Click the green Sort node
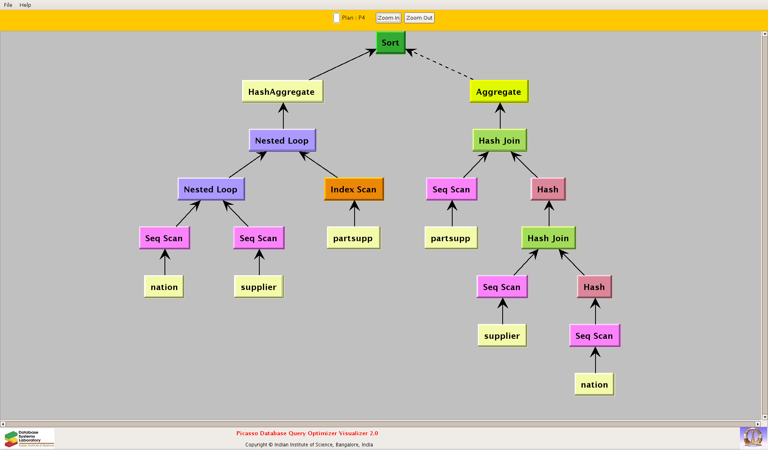pos(390,42)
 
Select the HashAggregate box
pos(282,92)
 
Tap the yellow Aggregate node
pos(499,92)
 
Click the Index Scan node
pos(353,189)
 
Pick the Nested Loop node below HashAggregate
pos(282,140)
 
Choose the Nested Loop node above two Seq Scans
pos(211,189)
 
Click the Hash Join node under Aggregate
pos(499,140)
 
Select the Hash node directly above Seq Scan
pos(594,287)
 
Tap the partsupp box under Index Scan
pos(353,238)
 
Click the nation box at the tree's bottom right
pos(594,384)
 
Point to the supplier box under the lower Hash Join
pos(502,336)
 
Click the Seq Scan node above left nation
pos(164,238)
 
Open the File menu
pos(8,5)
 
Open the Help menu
pos(25,5)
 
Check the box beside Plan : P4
pos(337,18)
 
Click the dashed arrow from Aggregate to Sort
pos(440,64)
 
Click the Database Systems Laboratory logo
pos(29,438)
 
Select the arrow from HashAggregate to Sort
pos(340,65)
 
